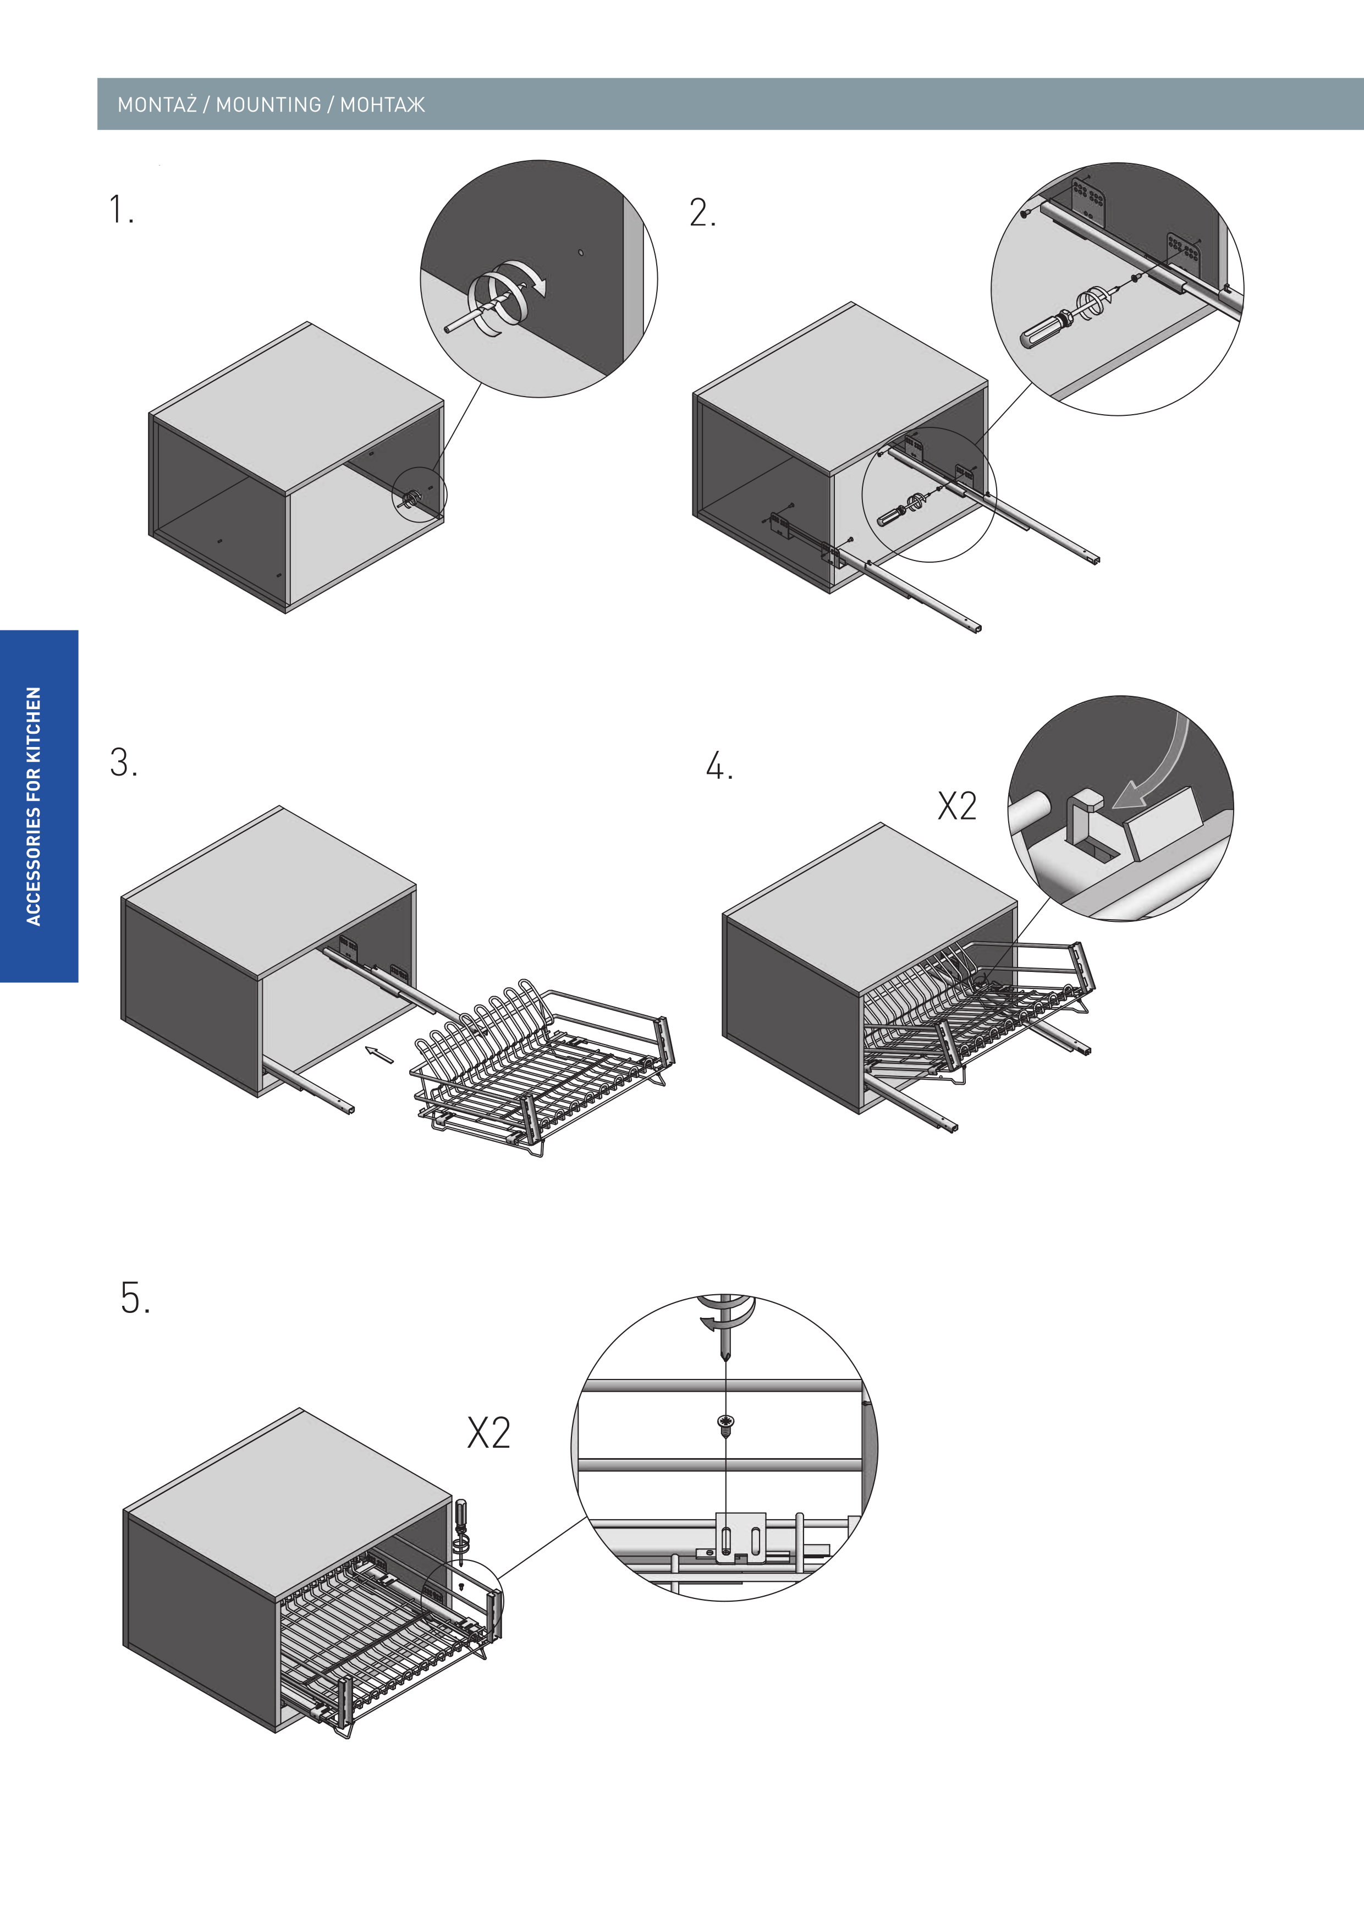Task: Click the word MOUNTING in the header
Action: tap(269, 105)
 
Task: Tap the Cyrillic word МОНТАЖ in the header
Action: tap(383, 105)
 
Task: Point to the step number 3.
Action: tap(123, 763)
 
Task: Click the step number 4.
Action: tap(719, 766)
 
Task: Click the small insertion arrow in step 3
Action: tap(380, 1054)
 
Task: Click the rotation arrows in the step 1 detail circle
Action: tap(507, 296)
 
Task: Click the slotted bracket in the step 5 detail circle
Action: tap(741, 1537)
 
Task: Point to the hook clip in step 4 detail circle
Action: tap(1083, 819)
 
